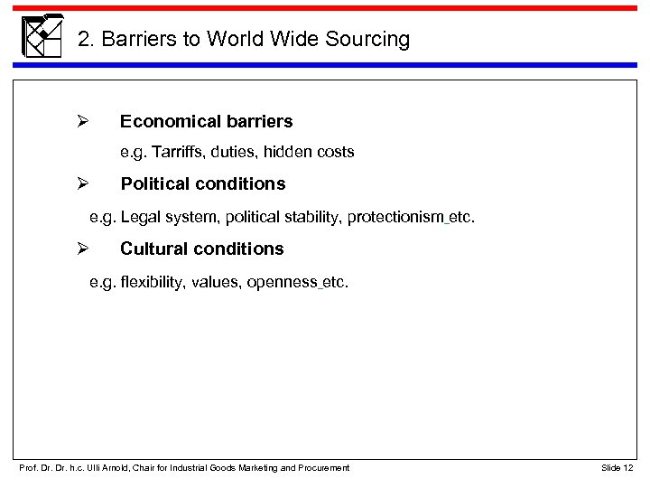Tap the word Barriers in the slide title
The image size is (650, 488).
point(136,40)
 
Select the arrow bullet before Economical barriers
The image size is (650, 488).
point(79,120)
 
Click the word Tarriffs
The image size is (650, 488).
point(181,153)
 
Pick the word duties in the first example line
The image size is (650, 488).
point(238,153)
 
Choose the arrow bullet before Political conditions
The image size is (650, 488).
point(79,184)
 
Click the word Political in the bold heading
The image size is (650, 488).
point(154,184)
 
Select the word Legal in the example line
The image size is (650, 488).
point(139,218)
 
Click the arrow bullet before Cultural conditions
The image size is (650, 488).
point(79,249)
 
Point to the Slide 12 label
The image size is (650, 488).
point(617,467)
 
